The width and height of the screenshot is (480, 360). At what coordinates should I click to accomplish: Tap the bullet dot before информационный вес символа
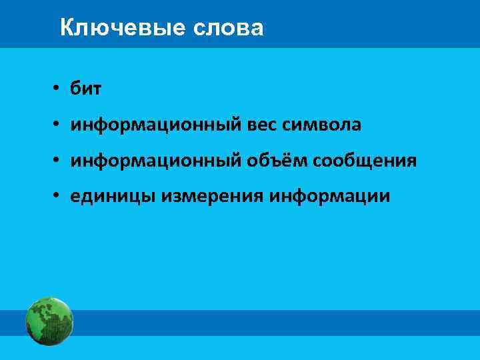(x=59, y=125)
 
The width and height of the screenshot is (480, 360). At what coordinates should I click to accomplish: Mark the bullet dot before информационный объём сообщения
(x=59, y=161)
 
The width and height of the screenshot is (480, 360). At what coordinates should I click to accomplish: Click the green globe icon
(x=49, y=322)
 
